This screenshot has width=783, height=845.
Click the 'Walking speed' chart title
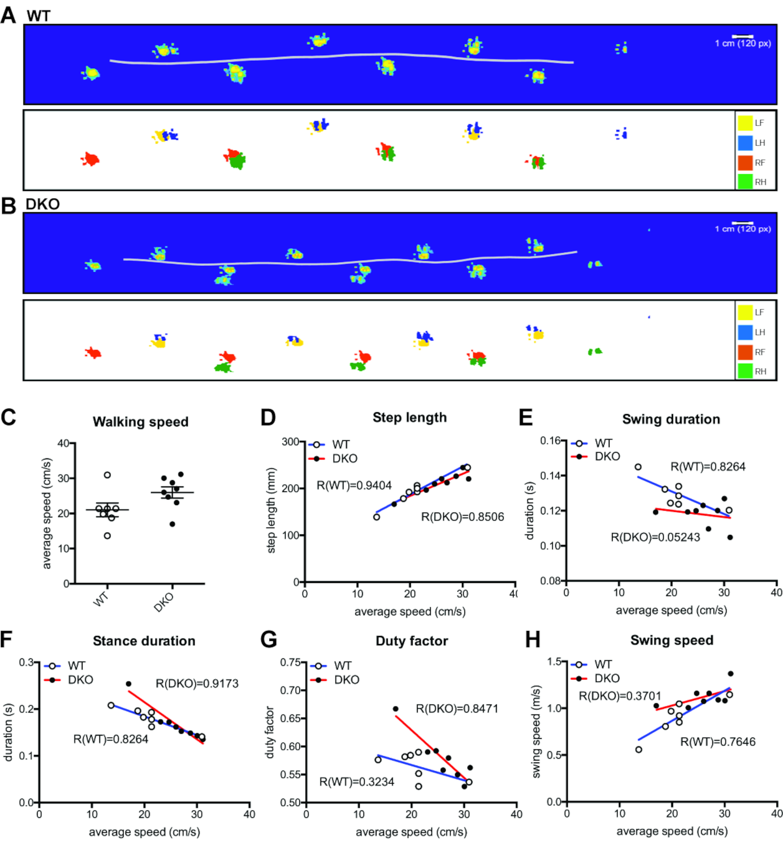(141, 422)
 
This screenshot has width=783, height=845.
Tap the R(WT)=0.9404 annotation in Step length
(354, 485)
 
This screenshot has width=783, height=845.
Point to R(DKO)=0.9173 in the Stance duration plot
(197, 683)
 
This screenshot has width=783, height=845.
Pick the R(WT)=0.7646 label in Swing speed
(718, 742)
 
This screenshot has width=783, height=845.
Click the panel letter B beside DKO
(8, 206)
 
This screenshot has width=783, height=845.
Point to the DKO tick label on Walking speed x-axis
(164, 602)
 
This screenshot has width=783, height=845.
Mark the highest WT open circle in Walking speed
(108, 475)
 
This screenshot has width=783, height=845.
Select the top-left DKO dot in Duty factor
(396, 708)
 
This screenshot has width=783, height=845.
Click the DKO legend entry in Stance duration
(80, 680)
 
